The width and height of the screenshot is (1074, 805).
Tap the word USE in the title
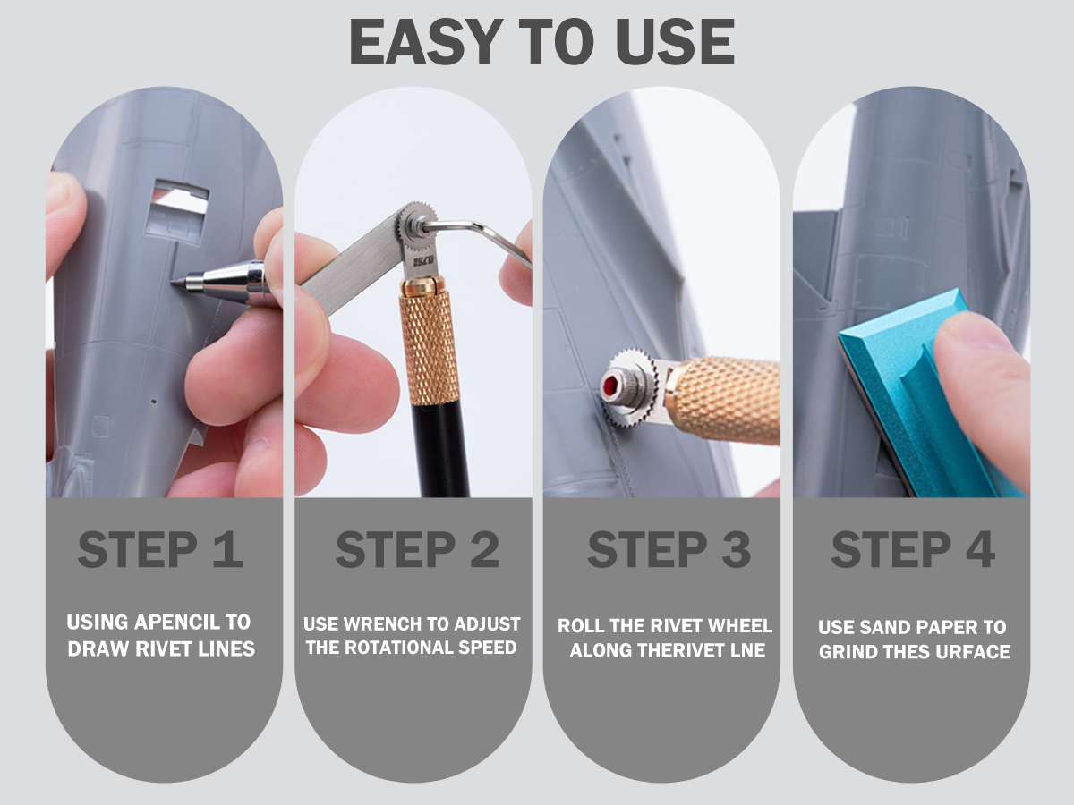[x=675, y=41]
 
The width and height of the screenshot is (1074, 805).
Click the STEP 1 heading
[x=160, y=549]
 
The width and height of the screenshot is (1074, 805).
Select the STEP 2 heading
[x=417, y=549]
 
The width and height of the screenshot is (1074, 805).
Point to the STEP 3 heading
[x=669, y=549]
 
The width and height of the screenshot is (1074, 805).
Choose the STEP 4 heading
[x=913, y=549]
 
